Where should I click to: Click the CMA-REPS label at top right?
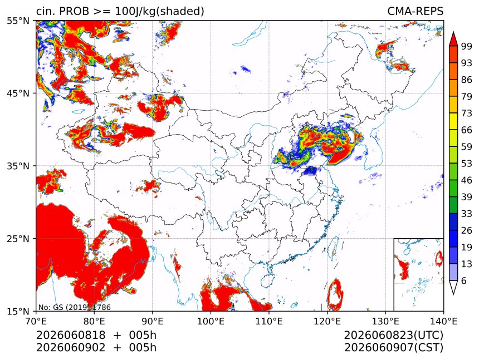click(415, 11)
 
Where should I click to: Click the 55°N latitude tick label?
click(18, 21)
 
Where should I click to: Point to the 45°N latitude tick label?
click(18, 93)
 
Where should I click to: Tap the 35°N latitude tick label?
click(18, 166)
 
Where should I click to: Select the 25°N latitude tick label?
click(18, 239)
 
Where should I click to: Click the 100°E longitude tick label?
click(211, 321)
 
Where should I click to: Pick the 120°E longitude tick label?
click(327, 321)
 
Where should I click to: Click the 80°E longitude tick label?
click(94, 321)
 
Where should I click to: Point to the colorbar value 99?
click(467, 46)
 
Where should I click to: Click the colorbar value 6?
click(464, 280)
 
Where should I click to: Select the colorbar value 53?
click(467, 164)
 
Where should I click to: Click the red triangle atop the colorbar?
click(453, 40)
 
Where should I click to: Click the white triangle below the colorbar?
click(453, 286)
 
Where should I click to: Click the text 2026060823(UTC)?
click(393, 335)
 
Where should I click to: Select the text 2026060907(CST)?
click(393, 348)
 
